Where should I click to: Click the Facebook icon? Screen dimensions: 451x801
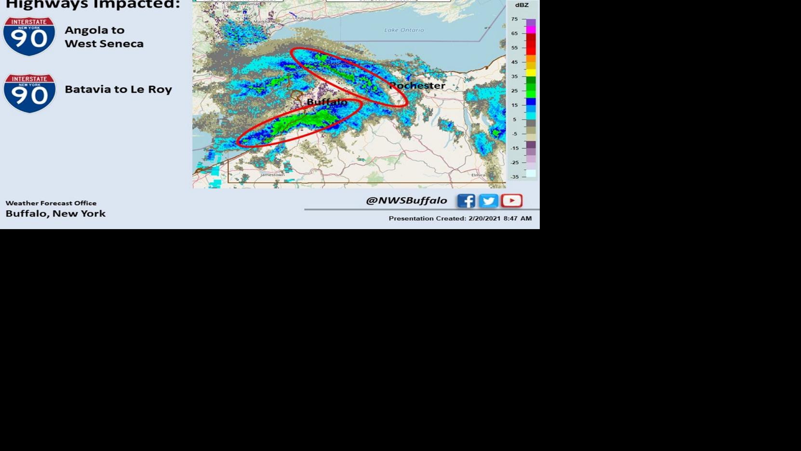pos(466,201)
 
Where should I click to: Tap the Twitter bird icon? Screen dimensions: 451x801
pos(488,201)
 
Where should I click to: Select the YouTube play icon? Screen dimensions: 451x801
pos(511,200)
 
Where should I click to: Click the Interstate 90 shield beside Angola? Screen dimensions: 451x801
pos(29,36)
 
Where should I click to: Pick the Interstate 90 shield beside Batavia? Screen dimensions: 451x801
pos(29,93)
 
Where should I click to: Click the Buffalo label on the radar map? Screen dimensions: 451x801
pos(327,102)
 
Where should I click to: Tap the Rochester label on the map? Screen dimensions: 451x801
pos(417,86)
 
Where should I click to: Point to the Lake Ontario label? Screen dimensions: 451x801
pos(404,30)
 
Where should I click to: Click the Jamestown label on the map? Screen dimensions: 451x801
pos(272,175)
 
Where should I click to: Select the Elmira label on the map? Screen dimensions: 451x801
pos(478,175)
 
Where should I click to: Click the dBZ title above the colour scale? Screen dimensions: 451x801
pos(521,5)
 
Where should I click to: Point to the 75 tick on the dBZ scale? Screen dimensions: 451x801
pos(515,19)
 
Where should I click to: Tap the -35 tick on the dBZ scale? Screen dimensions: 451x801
pos(515,177)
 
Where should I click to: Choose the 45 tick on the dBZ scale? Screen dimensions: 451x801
pos(515,62)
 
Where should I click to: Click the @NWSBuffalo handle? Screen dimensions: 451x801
pos(406,200)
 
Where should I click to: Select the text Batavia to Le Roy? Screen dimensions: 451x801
pos(118,89)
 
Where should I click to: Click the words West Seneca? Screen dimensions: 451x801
pos(104,44)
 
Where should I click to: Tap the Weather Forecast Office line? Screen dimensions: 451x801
pos(51,203)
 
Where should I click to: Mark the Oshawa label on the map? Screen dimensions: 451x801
pos(304,18)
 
